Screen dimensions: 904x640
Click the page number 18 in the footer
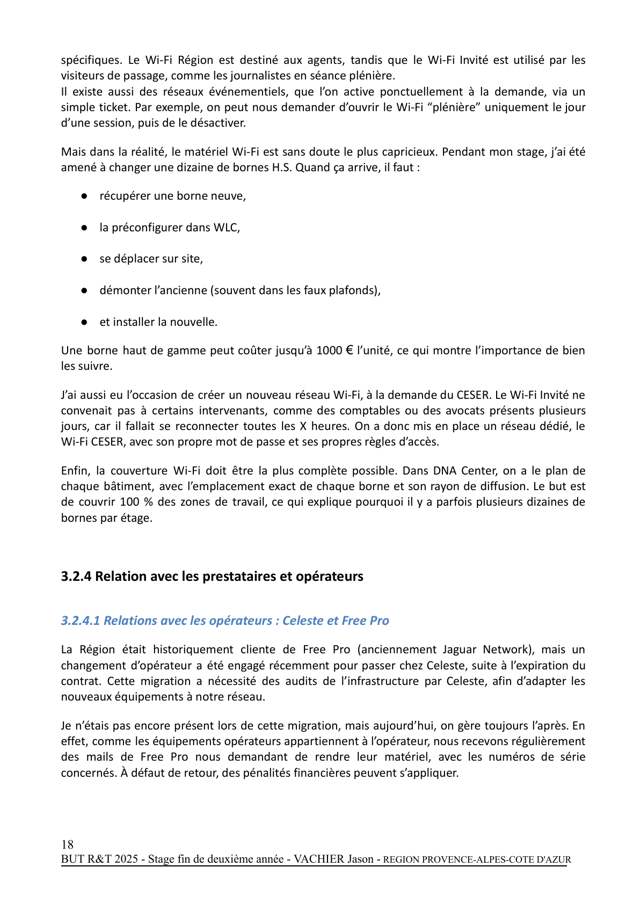point(67,844)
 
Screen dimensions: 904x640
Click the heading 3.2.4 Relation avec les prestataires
point(212,576)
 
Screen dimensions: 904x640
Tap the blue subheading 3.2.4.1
point(224,621)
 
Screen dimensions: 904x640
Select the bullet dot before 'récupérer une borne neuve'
point(84,196)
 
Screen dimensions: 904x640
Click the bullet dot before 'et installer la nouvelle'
point(84,323)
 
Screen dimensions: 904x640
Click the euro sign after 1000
point(349,351)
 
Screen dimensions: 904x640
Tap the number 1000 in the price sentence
point(329,351)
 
